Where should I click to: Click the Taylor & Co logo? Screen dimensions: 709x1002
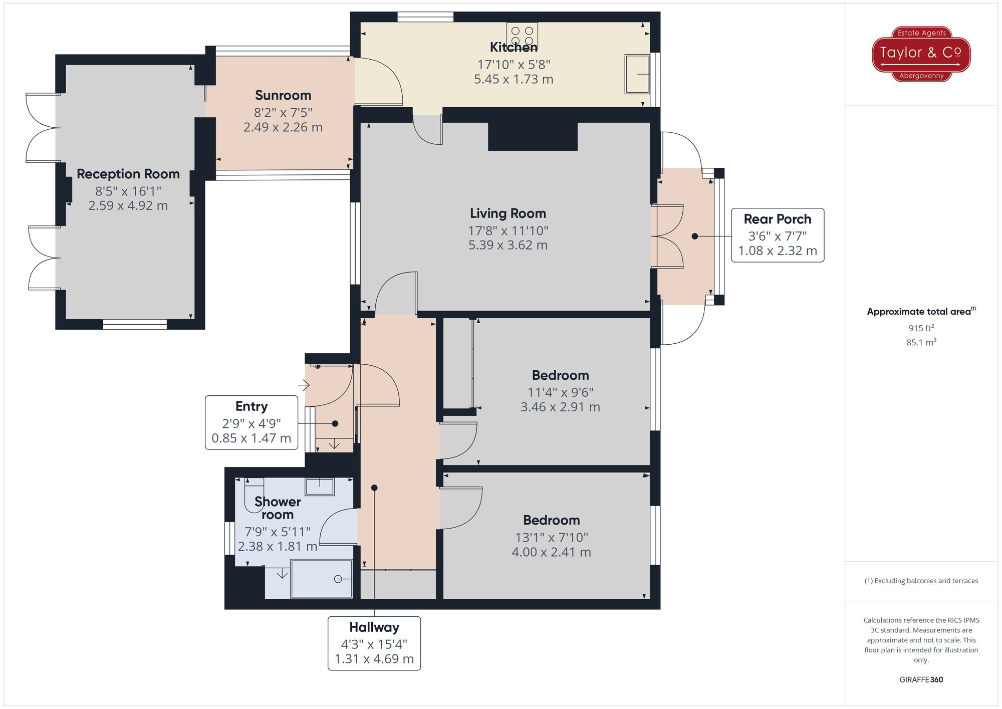921,54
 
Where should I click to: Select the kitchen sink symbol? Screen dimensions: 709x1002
637,74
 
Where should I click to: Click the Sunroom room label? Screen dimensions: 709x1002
283,95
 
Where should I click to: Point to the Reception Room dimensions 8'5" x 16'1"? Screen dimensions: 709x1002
128,191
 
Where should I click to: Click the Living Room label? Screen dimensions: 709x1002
508,213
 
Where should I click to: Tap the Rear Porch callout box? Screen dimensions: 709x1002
777,235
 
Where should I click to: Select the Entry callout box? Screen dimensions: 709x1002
252,422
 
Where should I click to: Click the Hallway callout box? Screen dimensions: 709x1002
374,643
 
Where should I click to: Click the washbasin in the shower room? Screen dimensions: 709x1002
320,486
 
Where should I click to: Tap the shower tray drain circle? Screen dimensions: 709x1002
338,579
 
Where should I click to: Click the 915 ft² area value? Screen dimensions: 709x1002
921,328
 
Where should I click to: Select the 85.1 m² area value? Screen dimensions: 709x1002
921,342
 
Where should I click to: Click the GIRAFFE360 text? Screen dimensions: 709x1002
921,679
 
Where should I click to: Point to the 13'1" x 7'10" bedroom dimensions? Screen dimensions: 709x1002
551,538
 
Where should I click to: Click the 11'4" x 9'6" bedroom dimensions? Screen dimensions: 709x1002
560,393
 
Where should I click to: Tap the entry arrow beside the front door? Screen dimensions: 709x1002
304,385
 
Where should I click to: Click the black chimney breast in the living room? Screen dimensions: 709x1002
533,136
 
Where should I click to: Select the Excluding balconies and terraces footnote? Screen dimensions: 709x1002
921,581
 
